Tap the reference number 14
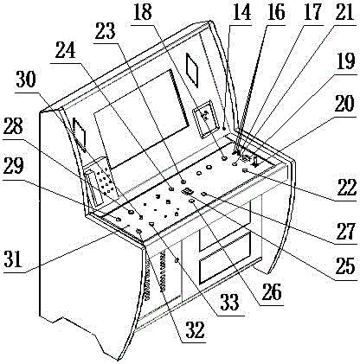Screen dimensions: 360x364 tap(241, 12)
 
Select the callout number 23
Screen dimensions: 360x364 tap(106, 30)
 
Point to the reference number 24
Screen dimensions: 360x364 tap(66, 49)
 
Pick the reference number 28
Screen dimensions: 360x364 tap(13, 125)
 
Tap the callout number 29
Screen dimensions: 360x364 tap(13, 166)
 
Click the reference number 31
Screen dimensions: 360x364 tap(13, 259)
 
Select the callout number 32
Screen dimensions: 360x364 tap(195, 329)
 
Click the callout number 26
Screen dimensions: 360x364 tap(271, 292)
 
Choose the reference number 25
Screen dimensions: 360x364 tap(345, 265)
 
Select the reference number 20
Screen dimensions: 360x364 tap(344, 104)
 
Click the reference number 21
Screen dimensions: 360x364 tap(345, 12)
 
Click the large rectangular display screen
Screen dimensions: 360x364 tap(141, 119)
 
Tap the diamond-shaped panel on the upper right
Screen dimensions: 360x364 tap(192, 70)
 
